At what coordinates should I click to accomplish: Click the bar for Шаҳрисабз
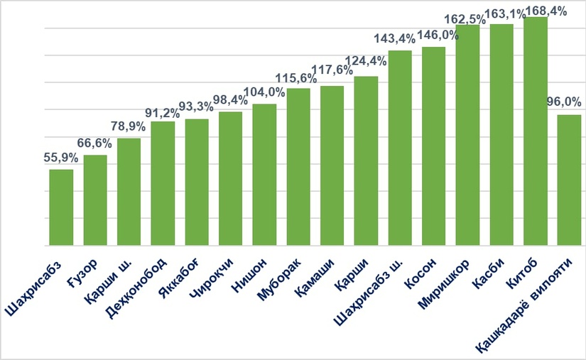coord(61,207)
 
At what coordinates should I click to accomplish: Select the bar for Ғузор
coord(95,200)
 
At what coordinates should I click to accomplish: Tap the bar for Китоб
coord(535,131)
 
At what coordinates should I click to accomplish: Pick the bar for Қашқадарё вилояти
coord(569,180)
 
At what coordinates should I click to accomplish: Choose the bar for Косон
coord(433,146)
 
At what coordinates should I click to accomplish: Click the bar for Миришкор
coord(467,135)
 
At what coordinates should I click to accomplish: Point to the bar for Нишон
coord(264,175)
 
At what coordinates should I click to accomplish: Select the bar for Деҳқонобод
coord(163,183)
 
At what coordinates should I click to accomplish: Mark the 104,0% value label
coord(264,92)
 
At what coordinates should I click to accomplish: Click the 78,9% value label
coord(129,126)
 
